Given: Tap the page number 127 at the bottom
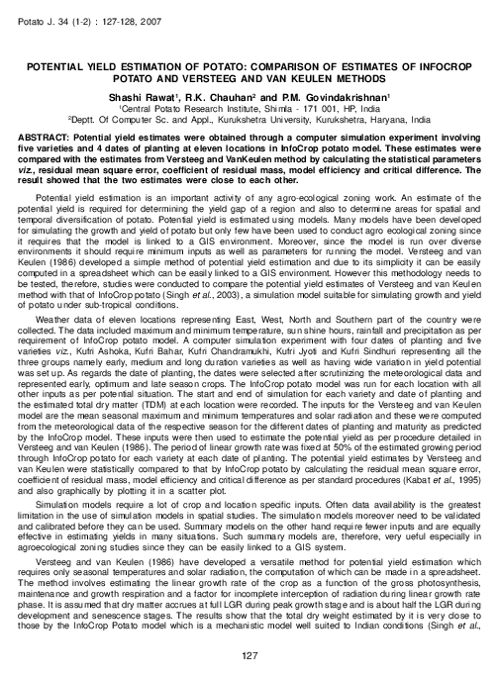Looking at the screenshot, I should click(x=249, y=656).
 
